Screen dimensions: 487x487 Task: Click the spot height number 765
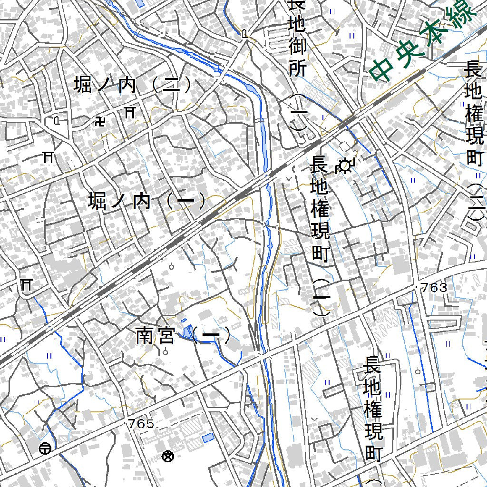click(141, 424)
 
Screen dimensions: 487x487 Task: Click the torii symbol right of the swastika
click(129, 112)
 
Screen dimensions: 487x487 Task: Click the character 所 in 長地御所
click(297, 68)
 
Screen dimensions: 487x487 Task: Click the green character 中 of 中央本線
click(383, 70)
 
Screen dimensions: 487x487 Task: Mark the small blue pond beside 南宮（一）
click(188, 332)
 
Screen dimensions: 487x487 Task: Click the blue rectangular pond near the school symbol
click(208, 438)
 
